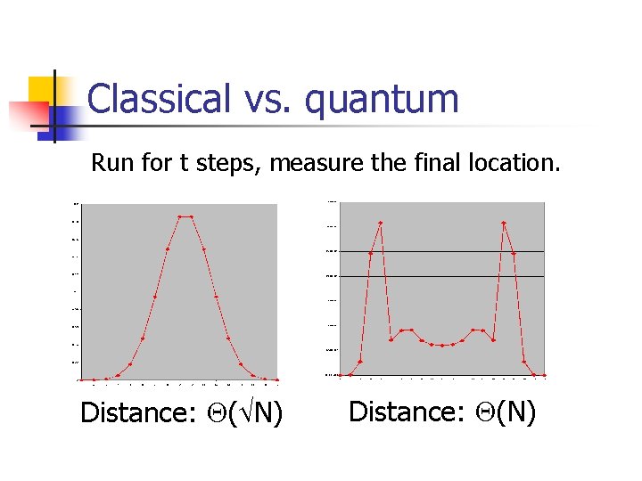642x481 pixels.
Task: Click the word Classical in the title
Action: coord(159,99)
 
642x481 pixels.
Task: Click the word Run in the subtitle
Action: coord(111,163)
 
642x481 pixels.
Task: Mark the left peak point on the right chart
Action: coord(381,222)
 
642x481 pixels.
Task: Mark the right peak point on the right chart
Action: coord(504,223)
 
